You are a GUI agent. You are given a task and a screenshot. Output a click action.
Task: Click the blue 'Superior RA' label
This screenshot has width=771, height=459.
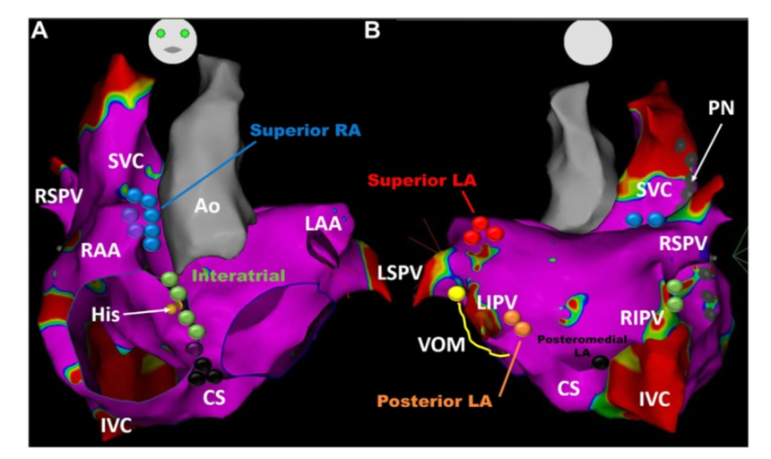tap(307, 131)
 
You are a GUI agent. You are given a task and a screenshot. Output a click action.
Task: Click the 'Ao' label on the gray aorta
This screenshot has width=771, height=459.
tap(209, 205)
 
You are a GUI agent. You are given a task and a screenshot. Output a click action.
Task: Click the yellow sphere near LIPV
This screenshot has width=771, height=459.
tap(456, 294)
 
